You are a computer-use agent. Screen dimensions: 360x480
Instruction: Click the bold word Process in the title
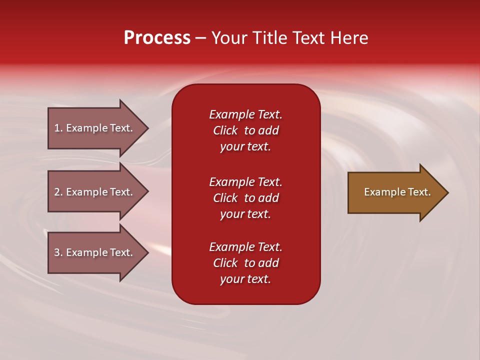157,38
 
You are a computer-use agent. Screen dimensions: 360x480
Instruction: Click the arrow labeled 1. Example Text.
95,128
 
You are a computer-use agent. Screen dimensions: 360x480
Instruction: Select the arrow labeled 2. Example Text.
95,192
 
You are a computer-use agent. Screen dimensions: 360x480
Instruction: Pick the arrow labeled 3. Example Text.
95,252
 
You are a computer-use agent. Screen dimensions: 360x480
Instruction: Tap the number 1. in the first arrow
58,128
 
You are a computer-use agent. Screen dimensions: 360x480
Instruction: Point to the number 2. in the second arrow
58,192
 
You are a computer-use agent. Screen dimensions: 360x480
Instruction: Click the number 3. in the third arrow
58,252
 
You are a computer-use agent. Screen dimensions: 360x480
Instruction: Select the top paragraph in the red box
245,130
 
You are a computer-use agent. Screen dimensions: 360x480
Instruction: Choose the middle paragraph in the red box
245,198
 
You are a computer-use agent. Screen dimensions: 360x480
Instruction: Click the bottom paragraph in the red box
245,263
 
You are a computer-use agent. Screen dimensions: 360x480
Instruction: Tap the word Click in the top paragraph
225,130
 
